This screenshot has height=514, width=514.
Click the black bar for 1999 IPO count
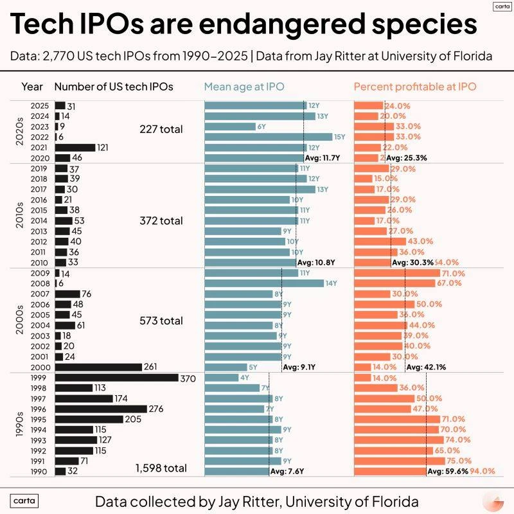coord(116,378)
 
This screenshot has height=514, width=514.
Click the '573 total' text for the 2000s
coord(161,321)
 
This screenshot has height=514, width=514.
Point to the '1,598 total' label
coord(161,468)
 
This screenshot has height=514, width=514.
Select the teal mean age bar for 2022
coord(268,137)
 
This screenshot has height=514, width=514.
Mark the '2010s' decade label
coord(19,216)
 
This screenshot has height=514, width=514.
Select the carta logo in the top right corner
coord(501,7)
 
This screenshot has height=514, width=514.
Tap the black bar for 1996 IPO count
coord(101,409)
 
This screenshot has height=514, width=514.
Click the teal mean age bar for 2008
coord(264,283)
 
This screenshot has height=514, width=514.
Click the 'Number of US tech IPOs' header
coord(114,87)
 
